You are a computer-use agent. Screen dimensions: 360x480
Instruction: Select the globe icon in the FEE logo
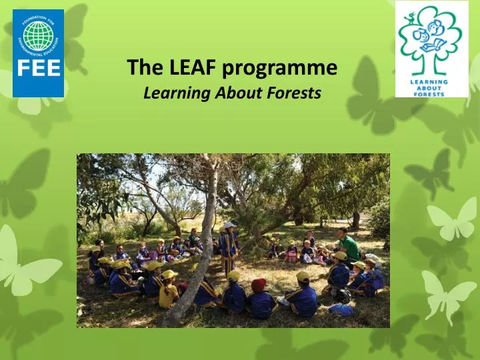tap(38, 37)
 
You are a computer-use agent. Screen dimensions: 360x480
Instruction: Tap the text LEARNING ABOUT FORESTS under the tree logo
tap(431, 87)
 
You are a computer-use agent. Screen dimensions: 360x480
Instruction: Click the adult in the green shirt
tap(347, 245)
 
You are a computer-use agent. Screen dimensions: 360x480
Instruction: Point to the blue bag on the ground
tap(341, 309)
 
